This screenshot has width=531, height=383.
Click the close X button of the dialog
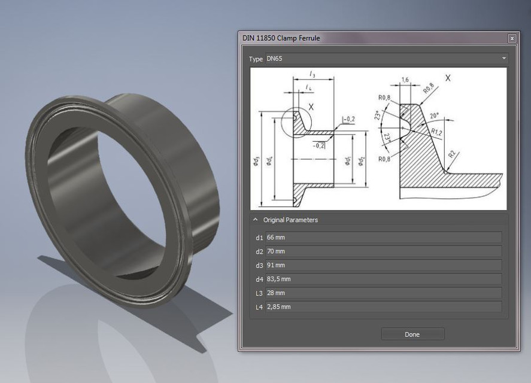512,38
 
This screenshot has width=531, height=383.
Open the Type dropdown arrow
504,59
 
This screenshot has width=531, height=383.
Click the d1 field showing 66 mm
383,238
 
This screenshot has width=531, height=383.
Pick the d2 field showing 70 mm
383,251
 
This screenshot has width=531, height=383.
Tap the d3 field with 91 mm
383,265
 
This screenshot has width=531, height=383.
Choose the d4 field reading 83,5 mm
383,279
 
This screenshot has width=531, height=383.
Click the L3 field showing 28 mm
383,293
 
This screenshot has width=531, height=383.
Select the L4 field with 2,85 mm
383,306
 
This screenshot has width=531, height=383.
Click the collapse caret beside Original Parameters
256,220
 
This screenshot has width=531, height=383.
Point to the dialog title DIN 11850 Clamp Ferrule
281,38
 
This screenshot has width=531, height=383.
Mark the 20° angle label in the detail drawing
434,115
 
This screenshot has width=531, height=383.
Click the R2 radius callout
453,155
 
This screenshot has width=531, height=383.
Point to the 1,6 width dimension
405,80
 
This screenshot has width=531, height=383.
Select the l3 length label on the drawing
312,74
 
